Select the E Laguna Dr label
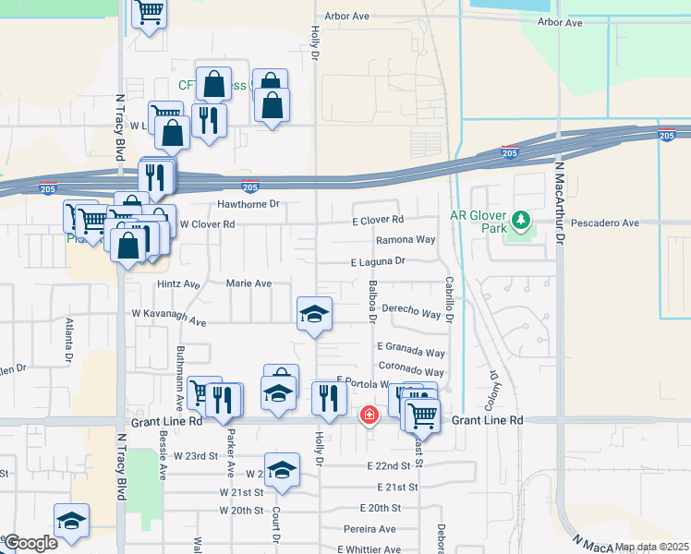pos(378,261)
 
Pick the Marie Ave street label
pos(249,283)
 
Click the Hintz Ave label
pos(178,284)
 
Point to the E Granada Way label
pos(410,352)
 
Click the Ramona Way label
pos(405,239)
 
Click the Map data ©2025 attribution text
pos(650,547)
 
